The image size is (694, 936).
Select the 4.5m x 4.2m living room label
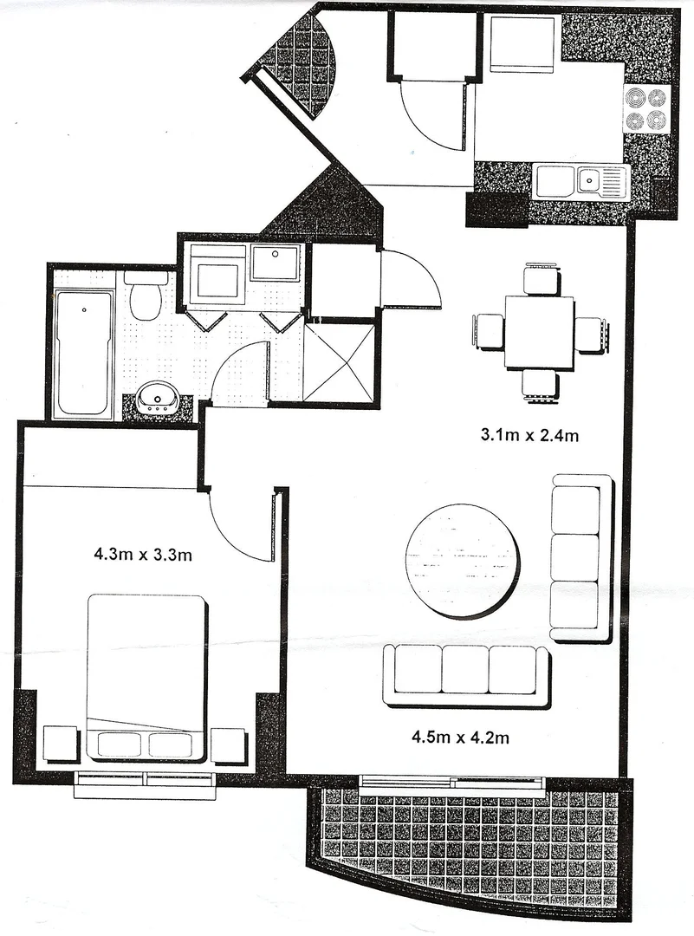(x=458, y=738)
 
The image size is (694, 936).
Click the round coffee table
(x=464, y=561)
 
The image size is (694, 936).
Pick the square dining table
(x=539, y=332)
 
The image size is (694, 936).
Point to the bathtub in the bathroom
(x=83, y=353)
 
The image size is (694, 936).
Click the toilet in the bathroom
(x=145, y=297)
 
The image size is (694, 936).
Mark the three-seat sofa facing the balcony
(x=466, y=674)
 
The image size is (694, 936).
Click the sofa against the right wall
(x=580, y=557)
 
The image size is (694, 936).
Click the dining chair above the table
(x=542, y=280)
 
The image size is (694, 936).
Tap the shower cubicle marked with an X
(x=339, y=362)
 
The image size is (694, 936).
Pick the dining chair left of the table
(x=489, y=332)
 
